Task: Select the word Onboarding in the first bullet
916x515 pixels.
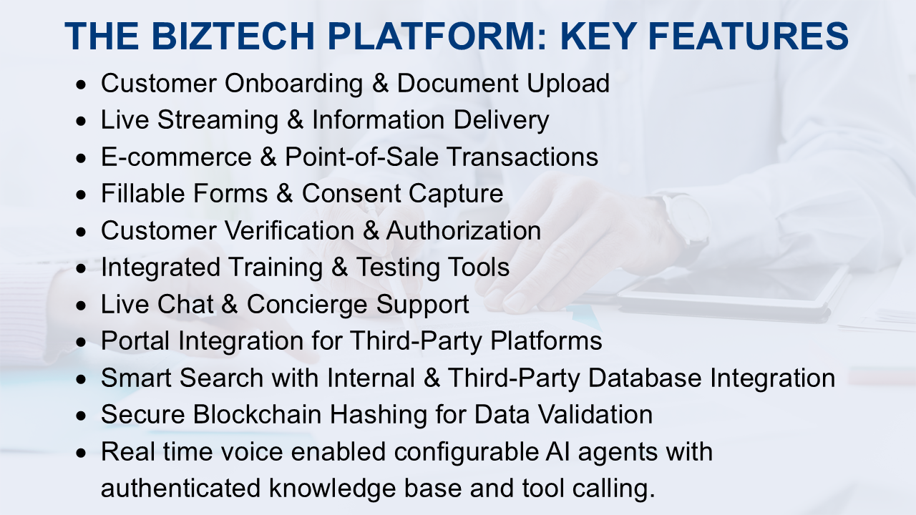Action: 293,84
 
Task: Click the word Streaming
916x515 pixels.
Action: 218,120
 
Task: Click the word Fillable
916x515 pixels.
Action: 147,193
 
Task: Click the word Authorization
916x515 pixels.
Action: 464,230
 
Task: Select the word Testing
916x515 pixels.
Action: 398,267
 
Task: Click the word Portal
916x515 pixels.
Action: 135,340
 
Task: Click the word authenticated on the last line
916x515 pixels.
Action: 180,489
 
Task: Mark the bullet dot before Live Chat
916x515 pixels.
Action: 84,305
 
